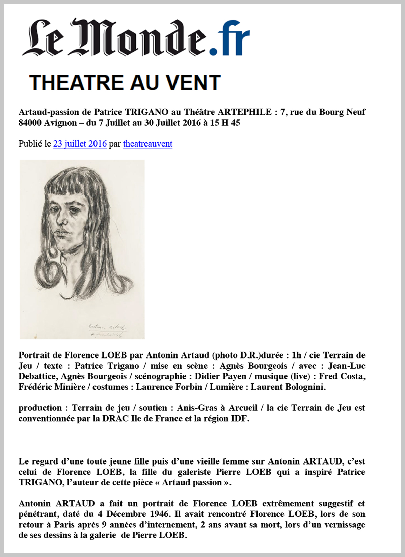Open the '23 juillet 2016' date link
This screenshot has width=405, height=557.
click(80, 144)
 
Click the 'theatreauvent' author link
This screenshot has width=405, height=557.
click(147, 144)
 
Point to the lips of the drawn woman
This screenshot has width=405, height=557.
click(61, 233)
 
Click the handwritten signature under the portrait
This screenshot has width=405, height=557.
click(107, 327)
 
